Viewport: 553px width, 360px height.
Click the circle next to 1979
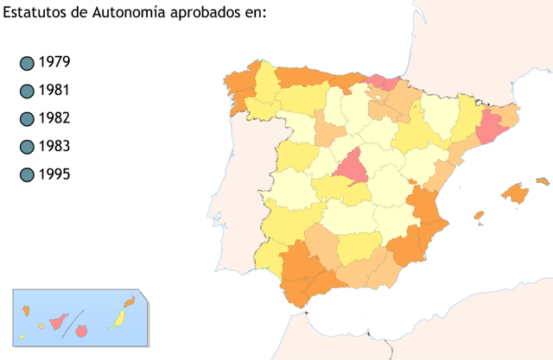pyautogui.click(x=26, y=63)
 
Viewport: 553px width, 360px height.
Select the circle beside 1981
pyautogui.click(x=26, y=91)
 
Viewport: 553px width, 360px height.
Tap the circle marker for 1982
pyautogui.click(x=26, y=119)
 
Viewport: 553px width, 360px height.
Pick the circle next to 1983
pyautogui.click(x=26, y=147)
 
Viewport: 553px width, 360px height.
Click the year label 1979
pyautogui.click(x=54, y=62)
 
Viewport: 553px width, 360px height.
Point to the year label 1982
pyautogui.click(x=54, y=118)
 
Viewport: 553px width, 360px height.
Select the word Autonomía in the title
pyautogui.click(x=130, y=12)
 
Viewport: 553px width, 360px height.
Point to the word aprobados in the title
pyautogui.click(x=208, y=12)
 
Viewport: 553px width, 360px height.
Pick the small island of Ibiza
pyautogui.click(x=479, y=216)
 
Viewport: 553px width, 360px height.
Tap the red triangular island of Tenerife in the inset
pyautogui.click(x=60, y=322)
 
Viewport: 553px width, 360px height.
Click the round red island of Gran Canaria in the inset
pyautogui.click(x=83, y=331)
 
